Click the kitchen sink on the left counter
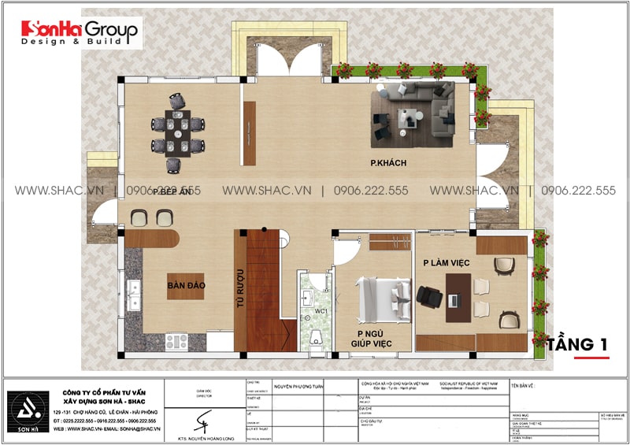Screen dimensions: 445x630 tap(133, 297)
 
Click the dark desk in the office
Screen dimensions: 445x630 tap(458, 298)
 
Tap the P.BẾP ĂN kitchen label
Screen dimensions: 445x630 tap(177, 191)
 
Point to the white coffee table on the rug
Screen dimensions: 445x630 tap(408, 119)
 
